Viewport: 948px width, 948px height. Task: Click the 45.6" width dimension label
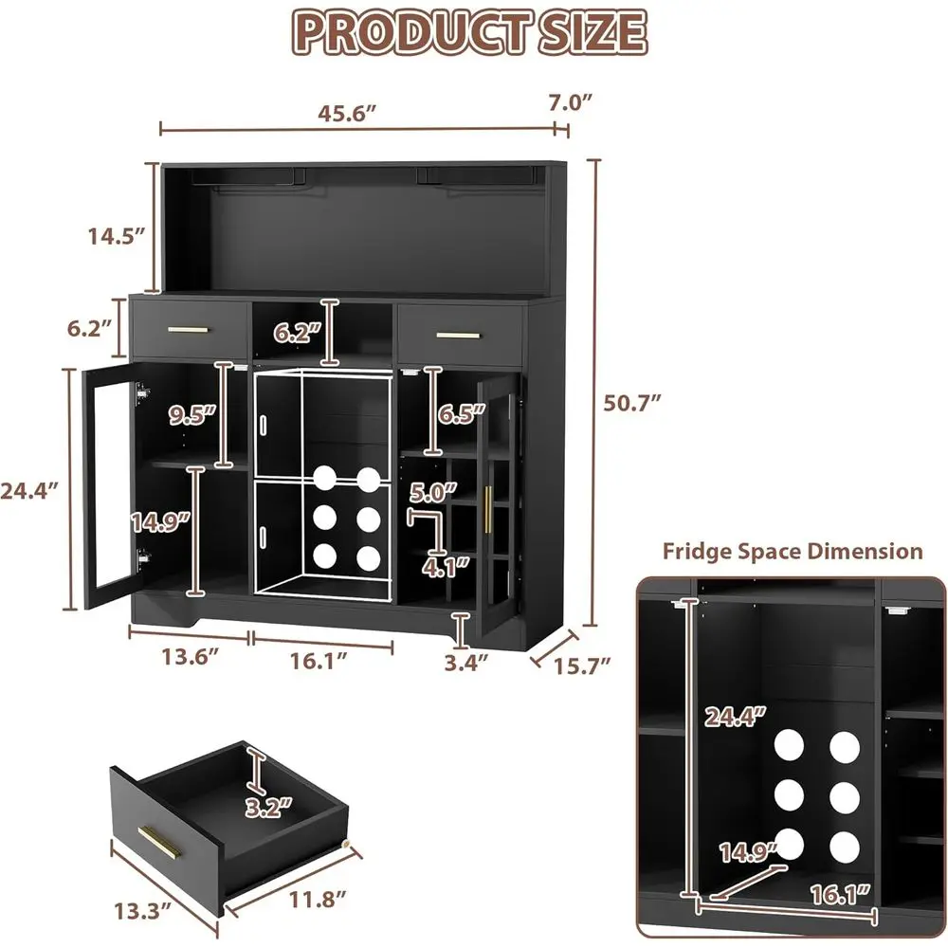[x=347, y=109]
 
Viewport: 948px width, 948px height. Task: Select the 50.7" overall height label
[x=632, y=401]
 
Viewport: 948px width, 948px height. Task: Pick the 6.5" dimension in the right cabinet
[x=462, y=412]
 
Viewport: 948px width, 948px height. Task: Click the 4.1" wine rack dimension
[x=447, y=567]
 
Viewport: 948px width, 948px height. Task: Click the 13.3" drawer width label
[x=139, y=912]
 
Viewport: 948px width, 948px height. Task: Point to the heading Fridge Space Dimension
[x=792, y=551]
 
